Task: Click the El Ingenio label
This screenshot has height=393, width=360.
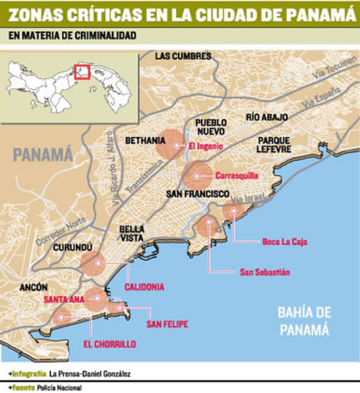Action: click(x=204, y=146)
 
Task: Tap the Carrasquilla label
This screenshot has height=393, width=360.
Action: click(x=236, y=176)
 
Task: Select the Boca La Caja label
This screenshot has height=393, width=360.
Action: click(x=284, y=241)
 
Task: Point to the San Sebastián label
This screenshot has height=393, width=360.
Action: click(x=264, y=272)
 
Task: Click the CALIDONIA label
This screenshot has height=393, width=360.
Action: click(x=144, y=287)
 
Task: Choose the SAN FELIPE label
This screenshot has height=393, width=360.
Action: click(x=167, y=324)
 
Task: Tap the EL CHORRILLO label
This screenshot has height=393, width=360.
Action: click(x=109, y=344)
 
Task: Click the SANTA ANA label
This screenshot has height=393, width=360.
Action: click(x=64, y=299)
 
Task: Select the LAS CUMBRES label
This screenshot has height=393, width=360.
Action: click(x=183, y=56)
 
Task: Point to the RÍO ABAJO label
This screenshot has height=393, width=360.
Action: click(x=267, y=117)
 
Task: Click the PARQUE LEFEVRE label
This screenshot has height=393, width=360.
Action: click(x=274, y=144)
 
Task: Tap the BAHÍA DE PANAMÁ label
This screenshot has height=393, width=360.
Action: click(x=304, y=321)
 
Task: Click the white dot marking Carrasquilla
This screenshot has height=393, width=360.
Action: click(x=197, y=176)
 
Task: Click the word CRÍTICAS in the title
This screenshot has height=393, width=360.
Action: click(x=107, y=15)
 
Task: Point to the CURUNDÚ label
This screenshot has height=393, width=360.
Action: click(x=72, y=247)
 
